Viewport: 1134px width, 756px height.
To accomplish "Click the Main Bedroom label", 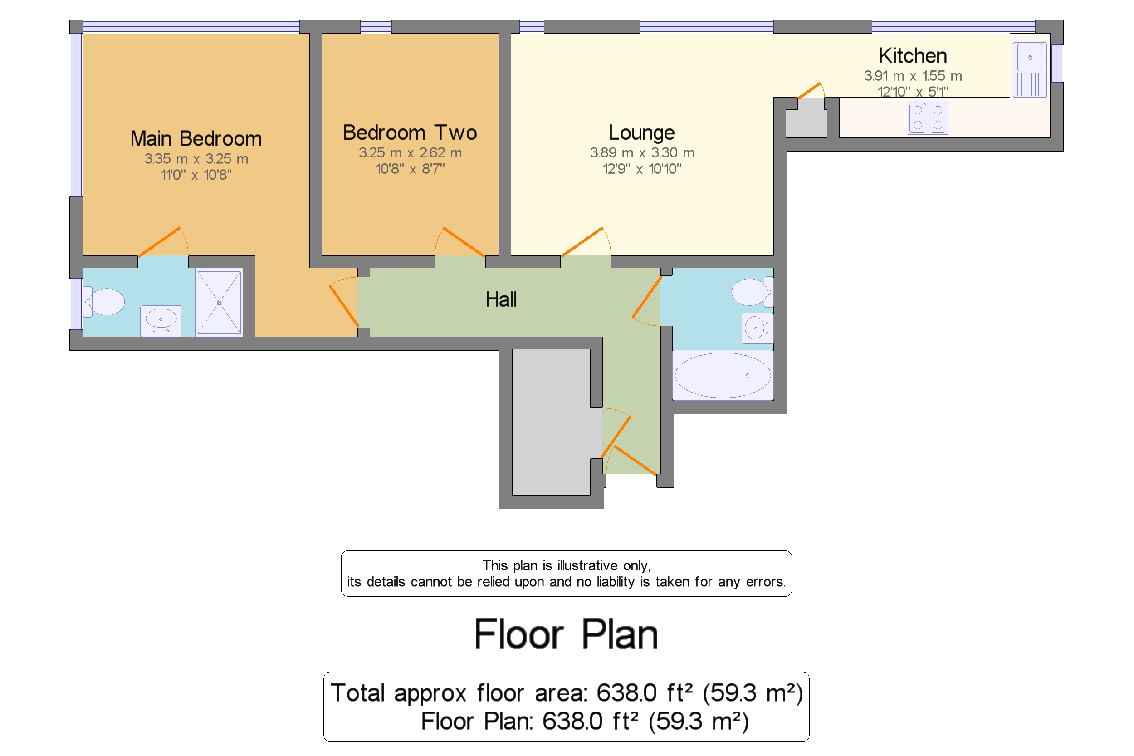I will [x=196, y=139].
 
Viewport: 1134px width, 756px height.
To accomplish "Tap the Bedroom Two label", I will [x=410, y=133].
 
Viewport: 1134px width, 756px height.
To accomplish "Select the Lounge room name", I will [x=641, y=133].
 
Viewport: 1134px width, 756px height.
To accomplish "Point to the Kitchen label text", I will [x=912, y=56].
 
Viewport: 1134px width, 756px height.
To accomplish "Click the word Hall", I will [x=501, y=300].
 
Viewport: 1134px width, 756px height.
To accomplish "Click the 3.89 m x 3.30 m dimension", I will [x=641, y=153].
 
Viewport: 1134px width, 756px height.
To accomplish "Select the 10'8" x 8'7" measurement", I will [x=410, y=169].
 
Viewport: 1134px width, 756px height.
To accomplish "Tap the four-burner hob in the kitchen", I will [x=927, y=118].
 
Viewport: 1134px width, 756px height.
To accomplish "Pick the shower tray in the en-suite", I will [x=219, y=302].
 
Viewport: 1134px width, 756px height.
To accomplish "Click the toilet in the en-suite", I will [x=105, y=302].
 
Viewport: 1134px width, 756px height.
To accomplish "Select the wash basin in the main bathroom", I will [x=756, y=328].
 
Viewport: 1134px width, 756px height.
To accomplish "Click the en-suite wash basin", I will [x=161, y=319].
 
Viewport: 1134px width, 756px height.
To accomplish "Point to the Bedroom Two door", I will [x=463, y=241].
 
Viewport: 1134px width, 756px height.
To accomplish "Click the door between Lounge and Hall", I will [x=582, y=241].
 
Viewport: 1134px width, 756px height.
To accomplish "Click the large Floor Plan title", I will [x=566, y=634].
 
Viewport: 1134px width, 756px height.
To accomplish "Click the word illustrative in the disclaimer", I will [x=587, y=565].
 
